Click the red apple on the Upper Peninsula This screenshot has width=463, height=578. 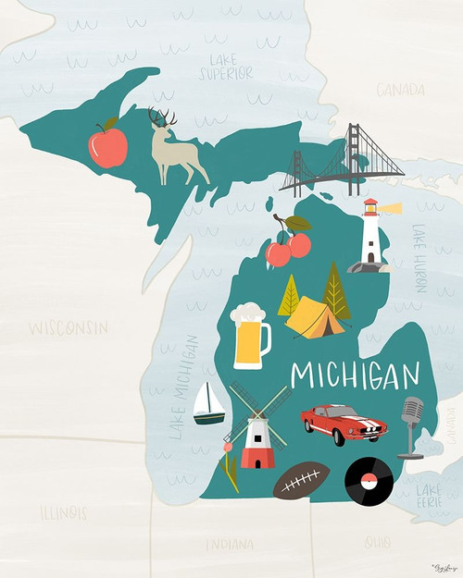[107, 146]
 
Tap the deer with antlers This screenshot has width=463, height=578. [176, 151]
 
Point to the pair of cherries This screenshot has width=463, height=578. [289, 244]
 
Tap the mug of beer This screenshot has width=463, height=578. [250, 337]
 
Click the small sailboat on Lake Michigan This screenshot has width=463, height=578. [208, 404]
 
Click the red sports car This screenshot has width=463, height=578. [344, 424]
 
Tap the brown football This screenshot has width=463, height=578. [302, 480]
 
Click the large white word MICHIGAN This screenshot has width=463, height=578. [356, 375]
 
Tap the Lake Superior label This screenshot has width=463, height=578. [224, 68]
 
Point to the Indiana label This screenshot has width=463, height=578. [229, 544]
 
